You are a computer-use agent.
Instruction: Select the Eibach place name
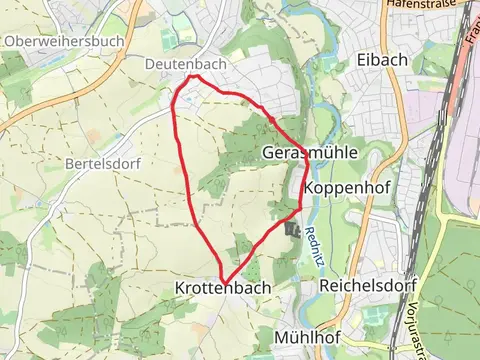(x=380, y=59)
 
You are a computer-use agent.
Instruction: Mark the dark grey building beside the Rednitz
(x=292, y=230)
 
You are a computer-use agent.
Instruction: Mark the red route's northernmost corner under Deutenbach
(x=197, y=76)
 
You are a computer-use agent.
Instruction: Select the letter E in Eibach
(x=358, y=59)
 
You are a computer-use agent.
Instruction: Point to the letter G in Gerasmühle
(x=269, y=153)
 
